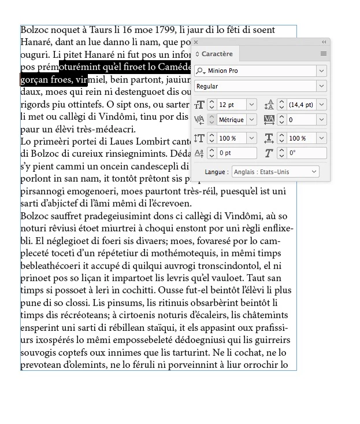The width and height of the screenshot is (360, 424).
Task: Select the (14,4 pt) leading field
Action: click(300, 105)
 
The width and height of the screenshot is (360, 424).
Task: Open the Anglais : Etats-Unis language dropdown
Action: click(276, 172)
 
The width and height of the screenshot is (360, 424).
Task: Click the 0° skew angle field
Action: click(304, 153)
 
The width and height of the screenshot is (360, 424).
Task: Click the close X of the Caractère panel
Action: click(196, 42)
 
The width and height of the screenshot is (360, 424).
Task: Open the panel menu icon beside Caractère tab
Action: click(324, 54)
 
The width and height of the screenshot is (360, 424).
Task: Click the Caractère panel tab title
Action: click(217, 54)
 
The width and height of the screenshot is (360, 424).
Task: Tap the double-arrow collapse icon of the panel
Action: click(324, 42)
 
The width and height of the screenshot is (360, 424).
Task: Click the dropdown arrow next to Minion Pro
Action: click(321, 71)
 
